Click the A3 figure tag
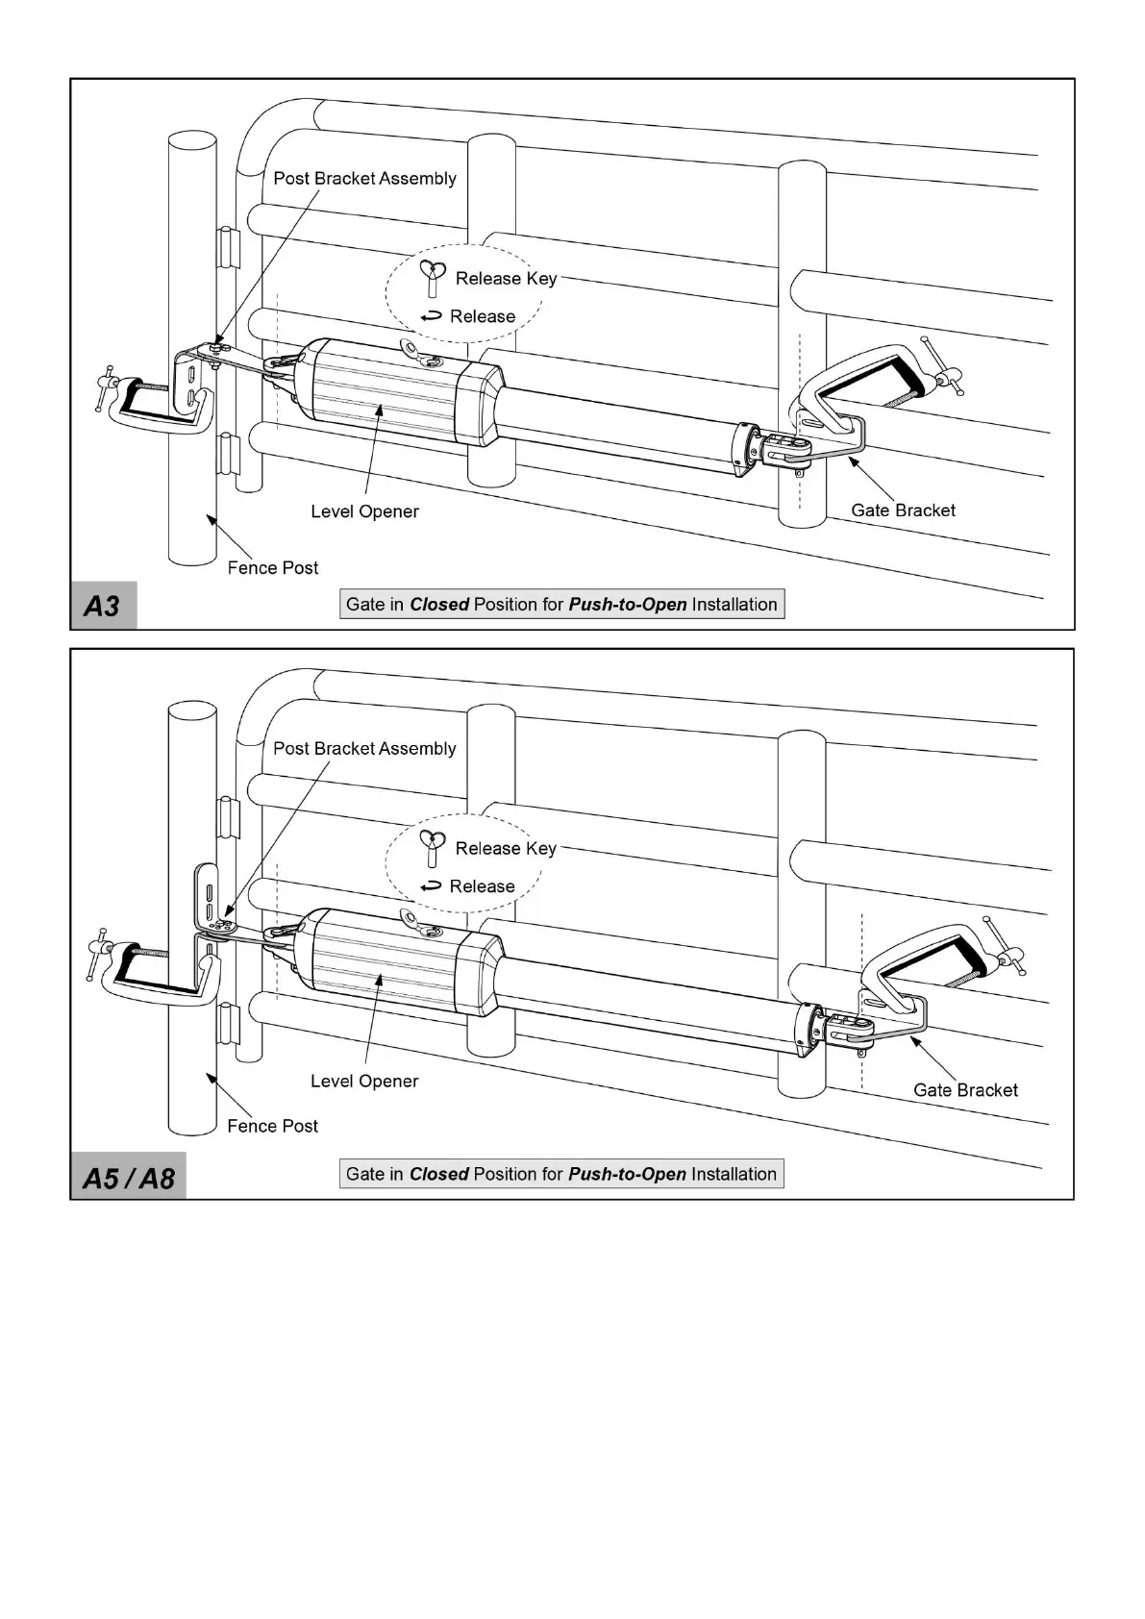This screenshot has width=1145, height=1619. click(103, 606)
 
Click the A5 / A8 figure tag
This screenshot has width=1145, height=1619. click(128, 1177)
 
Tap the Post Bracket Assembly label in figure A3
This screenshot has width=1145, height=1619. click(364, 179)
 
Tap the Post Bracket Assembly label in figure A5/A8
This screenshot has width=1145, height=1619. click(364, 749)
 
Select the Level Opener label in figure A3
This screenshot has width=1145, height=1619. click(364, 511)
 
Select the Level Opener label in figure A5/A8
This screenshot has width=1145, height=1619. click(364, 1082)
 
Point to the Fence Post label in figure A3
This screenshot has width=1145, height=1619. click(272, 568)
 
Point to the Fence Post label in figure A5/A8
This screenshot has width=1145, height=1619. click(272, 1126)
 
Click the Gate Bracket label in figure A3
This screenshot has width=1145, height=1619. click(903, 511)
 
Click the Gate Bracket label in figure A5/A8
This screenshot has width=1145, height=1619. click(965, 1090)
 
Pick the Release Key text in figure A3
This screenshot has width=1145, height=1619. click(506, 279)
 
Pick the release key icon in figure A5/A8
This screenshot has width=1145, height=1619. click(433, 847)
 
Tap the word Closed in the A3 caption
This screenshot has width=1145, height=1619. click(439, 605)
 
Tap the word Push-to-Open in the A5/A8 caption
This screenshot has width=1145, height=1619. click(627, 1175)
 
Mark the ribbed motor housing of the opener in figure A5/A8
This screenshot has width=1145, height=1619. click(394, 961)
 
